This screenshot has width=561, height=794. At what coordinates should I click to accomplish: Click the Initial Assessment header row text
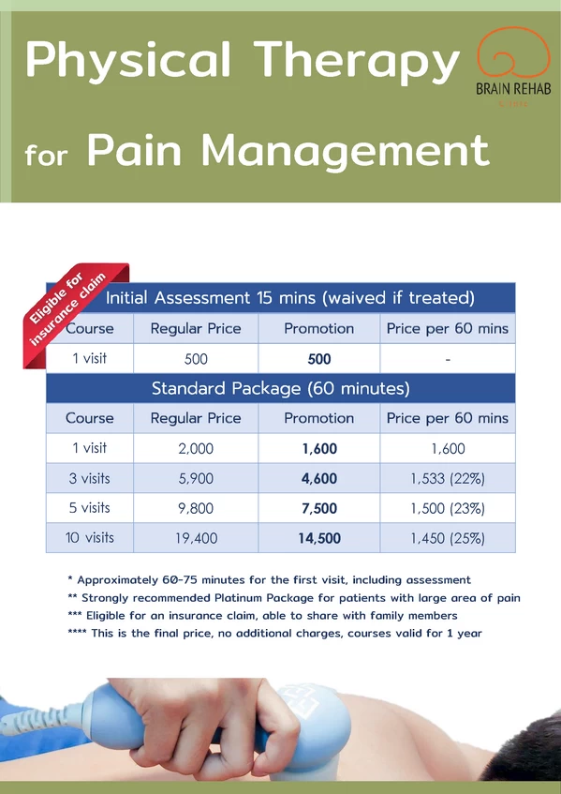(x=289, y=298)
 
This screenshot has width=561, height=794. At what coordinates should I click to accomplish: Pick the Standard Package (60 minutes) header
(x=280, y=387)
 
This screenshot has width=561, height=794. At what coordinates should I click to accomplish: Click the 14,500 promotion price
(x=320, y=538)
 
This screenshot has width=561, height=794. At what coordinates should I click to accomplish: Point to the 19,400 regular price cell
(x=196, y=538)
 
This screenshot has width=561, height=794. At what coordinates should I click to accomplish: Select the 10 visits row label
(x=91, y=538)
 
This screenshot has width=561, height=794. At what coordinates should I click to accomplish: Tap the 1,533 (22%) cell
(x=447, y=478)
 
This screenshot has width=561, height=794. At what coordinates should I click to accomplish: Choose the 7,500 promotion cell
(x=320, y=508)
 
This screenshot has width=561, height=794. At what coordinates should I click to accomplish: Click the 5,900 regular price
(x=196, y=478)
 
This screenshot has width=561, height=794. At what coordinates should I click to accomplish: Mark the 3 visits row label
(x=91, y=478)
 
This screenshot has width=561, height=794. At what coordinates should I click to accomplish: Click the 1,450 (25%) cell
(x=447, y=538)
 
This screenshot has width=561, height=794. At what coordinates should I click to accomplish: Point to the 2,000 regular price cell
(x=196, y=448)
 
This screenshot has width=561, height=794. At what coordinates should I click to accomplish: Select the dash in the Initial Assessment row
(x=447, y=359)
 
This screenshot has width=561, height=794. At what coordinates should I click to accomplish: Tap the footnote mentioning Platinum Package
(x=293, y=597)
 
